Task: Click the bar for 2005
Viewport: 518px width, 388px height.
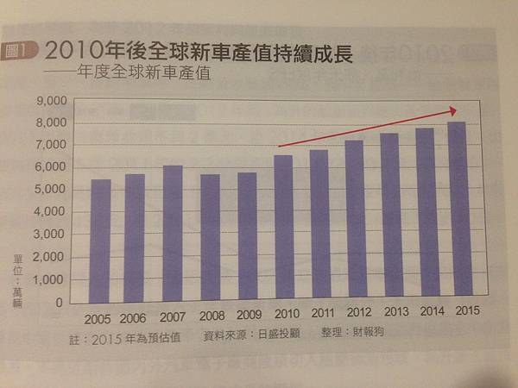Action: coord(100,241)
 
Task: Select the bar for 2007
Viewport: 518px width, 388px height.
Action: coord(173,234)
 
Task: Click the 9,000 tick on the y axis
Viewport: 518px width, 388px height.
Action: coord(53,102)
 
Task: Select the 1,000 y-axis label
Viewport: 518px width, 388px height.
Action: coord(53,280)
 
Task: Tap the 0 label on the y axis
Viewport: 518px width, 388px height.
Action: coord(61,303)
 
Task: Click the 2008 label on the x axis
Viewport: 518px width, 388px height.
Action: coord(211,316)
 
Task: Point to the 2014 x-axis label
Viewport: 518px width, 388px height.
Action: coord(427,314)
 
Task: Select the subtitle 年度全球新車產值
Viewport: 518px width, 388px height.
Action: coord(143,73)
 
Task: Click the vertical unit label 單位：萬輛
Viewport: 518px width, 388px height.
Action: coord(16,274)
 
